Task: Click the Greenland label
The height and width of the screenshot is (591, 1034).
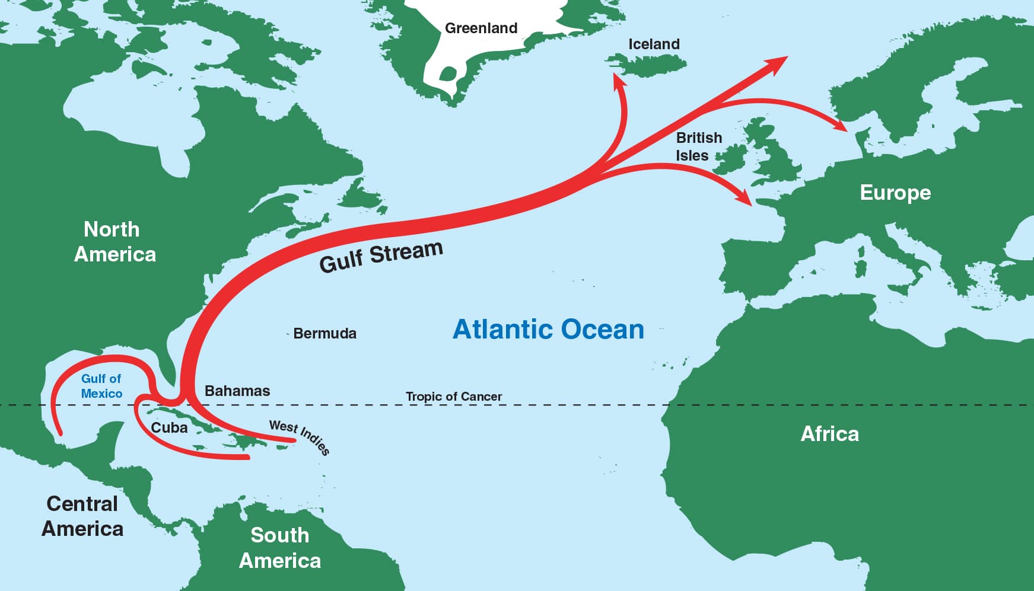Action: pyautogui.click(x=481, y=28)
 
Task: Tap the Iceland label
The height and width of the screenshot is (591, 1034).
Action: pyautogui.click(x=654, y=44)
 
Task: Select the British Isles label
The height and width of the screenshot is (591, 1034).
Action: pyautogui.click(x=698, y=146)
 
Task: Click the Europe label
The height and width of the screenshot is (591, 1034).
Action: pyautogui.click(x=895, y=193)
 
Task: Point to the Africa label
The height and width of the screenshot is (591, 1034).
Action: pyautogui.click(x=829, y=434)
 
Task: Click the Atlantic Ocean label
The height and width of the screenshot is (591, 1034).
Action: pyautogui.click(x=548, y=330)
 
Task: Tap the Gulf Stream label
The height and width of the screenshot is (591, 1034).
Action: pyautogui.click(x=381, y=256)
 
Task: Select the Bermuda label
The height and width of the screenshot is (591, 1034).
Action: pyautogui.click(x=324, y=334)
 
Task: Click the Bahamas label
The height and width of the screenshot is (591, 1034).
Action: pyautogui.click(x=237, y=391)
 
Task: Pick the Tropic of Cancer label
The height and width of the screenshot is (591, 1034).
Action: pyautogui.click(x=454, y=397)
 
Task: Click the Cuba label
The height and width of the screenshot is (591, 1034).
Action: pyautogui.click(x=169, y=428)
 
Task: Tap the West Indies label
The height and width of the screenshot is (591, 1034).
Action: pyautogui.click(x=300, y=436)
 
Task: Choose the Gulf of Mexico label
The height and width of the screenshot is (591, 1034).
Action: pyautogui.click(x=101, y=386)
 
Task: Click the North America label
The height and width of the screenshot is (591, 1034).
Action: pyautogui.click(x=114, y=242)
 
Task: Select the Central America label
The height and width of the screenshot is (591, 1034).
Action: pyautogui.click(x=82, y=516)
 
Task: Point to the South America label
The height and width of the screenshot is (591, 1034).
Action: pyautogui.click(x=279, y=548)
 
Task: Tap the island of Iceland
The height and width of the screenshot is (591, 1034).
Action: pyautogui.click(x=647, y=62)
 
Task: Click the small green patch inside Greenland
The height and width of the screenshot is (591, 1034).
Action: pyautogui.click(x=448, y=74)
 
